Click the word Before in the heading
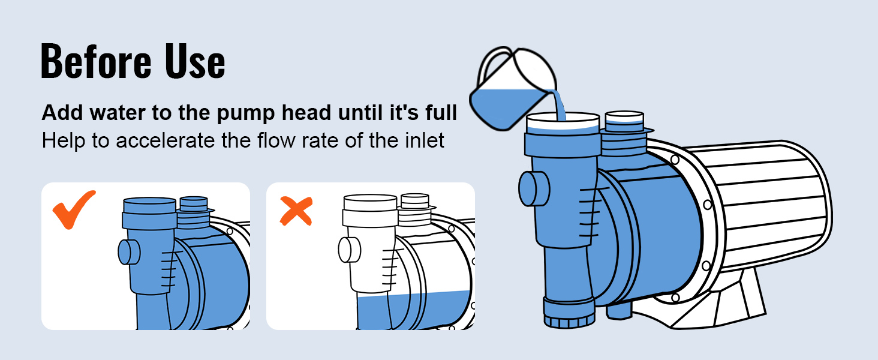click(95, 62)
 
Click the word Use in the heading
click(195, 62)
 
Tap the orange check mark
click(74, 210)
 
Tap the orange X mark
click(296, 211)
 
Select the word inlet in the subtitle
click(426, 140)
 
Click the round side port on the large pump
click(534, 188)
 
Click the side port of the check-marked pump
click(129, 252)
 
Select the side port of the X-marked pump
click(349, 250)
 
